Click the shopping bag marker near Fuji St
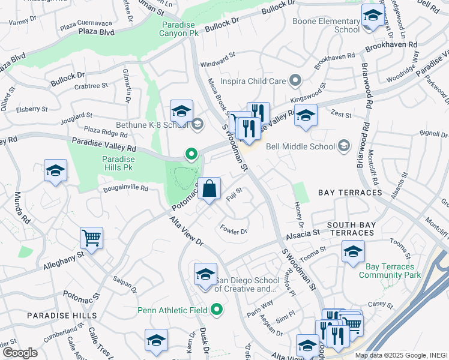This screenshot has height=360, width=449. point(209,189)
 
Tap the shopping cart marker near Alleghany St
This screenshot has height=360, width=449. point(92,238)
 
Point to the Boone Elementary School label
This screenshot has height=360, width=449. point(325,25)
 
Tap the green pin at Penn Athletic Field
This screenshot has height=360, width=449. point(217,310)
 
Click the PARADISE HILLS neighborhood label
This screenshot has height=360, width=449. point(61,315)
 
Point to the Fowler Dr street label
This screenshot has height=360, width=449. point(234,229)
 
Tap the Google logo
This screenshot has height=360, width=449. point(20,353)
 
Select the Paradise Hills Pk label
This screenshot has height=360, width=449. point(112,163)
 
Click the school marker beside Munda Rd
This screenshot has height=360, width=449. point(55,171)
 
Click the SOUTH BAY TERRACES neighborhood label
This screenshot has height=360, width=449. point(351,229)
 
